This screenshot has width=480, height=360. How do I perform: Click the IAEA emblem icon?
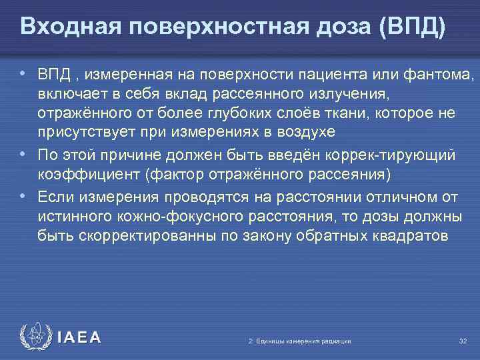[x=35, y=337]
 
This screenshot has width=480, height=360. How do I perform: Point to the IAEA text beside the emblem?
[x=79, y=337]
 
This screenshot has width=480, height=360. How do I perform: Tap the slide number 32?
[x=463, y=341]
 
